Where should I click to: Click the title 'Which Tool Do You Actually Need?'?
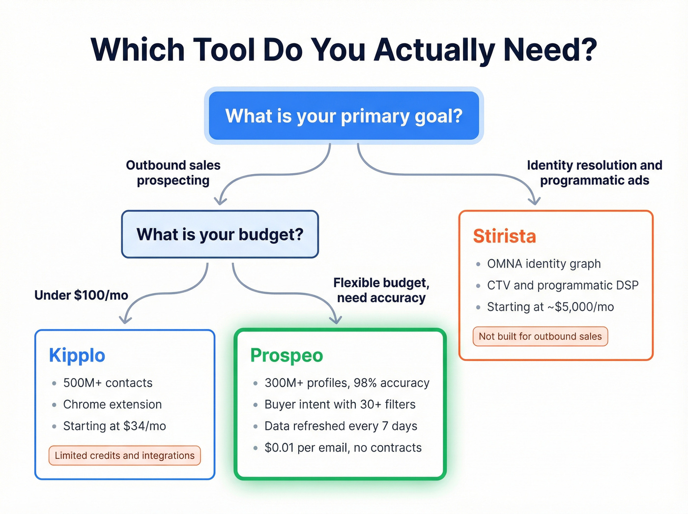(344, 50)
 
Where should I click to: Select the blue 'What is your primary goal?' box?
(344, 116)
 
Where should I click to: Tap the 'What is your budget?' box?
(220, 234)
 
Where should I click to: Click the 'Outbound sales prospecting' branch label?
(173, 173)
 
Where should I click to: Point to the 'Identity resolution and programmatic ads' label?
(595, 173)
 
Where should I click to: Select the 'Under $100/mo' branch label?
(81, 295)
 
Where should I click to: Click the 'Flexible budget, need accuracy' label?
(381, 290)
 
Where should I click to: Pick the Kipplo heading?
(77, 355)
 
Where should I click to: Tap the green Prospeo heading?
(287, 355)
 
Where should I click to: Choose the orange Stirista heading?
(504, 236)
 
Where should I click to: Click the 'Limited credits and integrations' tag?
(125, 455)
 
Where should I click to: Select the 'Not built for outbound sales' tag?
(540, 336)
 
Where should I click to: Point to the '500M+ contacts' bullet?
(108, 383)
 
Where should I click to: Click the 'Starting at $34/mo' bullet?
(115, 426)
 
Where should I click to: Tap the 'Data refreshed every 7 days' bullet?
(341, 426)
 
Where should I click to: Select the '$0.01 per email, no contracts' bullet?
(343, 448)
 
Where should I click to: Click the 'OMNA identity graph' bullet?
(544, 264)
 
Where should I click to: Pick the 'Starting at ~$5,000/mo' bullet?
(550, 307)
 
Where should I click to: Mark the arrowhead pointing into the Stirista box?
(534, 201)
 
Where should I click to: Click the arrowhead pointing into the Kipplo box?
(125, 320)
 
